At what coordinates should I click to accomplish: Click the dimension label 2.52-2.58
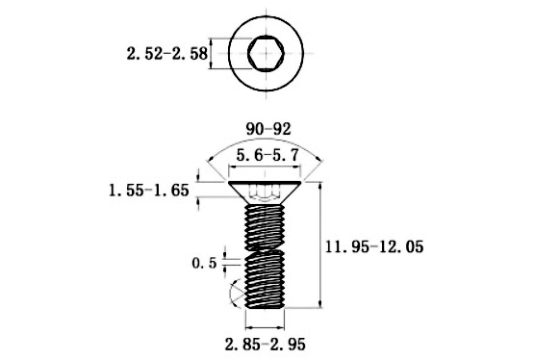(x=166, y=54)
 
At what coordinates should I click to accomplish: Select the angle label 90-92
(x=268, y=129)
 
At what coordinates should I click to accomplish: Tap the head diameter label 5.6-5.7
(x=267, y=156)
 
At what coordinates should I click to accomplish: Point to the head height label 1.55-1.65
(x=149, y=190)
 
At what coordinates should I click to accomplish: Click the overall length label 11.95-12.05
(x=374, y=246)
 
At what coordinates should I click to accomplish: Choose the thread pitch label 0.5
(x=204, y=263)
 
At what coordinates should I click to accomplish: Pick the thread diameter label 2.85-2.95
(x=266, y=345)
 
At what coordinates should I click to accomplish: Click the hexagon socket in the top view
(x=266, y=53)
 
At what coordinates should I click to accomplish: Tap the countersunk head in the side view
(x=265, y=193)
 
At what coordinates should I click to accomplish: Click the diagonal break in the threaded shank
(x=266, y=250)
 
